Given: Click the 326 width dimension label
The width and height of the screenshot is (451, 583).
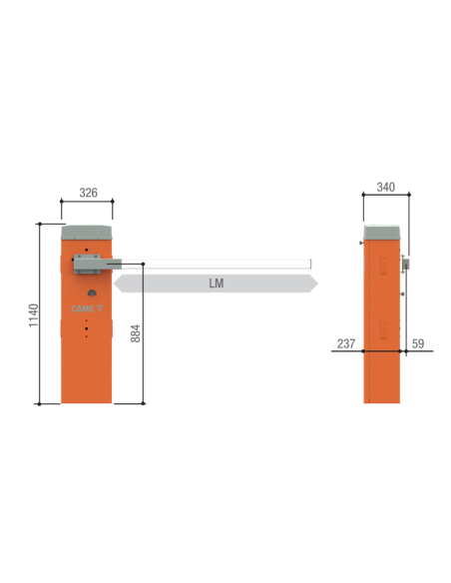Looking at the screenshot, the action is pyautogui.click(x=89, y=193).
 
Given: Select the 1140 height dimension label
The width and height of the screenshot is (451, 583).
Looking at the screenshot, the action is pyautogui.click(x=34, y=315).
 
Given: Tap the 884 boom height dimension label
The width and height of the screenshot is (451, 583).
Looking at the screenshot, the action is pyautogui.click(x=136, y=333).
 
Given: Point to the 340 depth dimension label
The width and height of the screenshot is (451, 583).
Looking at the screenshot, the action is pyautogui.click(x=385, y=187).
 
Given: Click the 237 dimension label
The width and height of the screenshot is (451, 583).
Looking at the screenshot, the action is pyautogui.click(x=346, y=343).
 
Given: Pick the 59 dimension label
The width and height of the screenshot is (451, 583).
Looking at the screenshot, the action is pyautogui.click(x=418, y=343).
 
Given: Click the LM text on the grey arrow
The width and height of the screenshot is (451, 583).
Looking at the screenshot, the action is pyautogui.click(x=217, y=284).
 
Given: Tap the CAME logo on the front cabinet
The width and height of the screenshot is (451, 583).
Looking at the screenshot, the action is pyautogui.click(x=87, y=308).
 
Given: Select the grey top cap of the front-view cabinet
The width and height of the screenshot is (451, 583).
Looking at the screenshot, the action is pyautogui.click(x=87, y=233).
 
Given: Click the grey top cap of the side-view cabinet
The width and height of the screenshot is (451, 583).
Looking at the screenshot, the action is pyautogui.click(x=382, y=233).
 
